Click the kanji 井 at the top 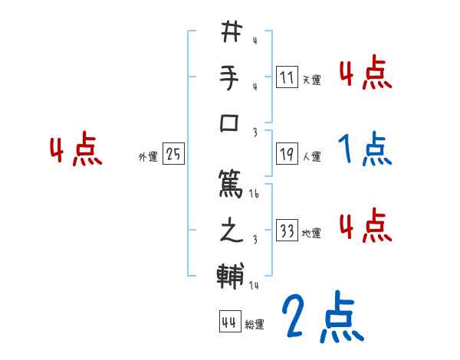[231, 32]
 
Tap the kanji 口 [231, 123]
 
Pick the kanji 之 [231, 231]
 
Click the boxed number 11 [287, 77]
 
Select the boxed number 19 [287, 155]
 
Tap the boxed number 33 [287, 231]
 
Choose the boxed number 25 [173, 155]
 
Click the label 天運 [312, 80]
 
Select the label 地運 [312, 233]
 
